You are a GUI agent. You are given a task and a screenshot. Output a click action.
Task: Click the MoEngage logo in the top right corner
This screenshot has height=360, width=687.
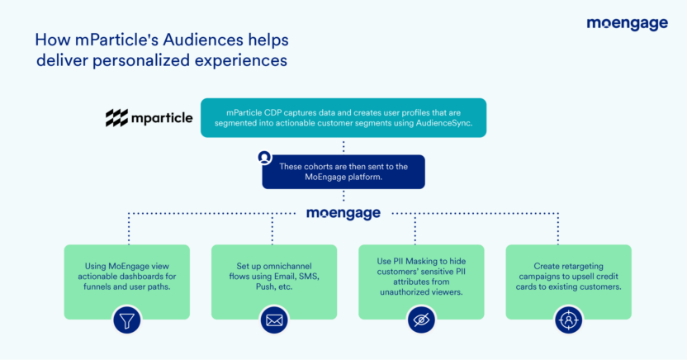[x=627, y=24]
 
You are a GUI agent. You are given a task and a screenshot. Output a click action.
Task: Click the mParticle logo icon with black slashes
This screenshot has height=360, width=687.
[x=116, y=118]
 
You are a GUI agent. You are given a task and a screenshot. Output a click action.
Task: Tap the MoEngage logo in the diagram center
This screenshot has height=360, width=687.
[x=343, y=213]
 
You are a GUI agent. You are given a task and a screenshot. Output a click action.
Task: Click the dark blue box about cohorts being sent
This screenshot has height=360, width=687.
[x=343, y=172]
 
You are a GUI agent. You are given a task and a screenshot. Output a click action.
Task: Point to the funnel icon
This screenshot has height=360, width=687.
[x=126, y=320]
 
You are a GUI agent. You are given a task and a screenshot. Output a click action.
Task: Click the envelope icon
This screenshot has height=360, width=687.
[x=273, y=320]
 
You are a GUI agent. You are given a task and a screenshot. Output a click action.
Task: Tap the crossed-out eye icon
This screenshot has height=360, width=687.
[x=421, y=320]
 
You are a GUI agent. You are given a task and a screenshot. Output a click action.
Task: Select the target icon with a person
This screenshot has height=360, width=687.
[x=568, y=320]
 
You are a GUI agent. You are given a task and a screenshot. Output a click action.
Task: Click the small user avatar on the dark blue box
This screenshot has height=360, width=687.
[x=264, y=156]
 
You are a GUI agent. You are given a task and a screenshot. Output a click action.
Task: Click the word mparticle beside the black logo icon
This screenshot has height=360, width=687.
[x=162, y=118]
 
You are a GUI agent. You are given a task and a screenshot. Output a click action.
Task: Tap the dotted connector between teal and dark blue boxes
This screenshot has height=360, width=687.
[x=343, y=146]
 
